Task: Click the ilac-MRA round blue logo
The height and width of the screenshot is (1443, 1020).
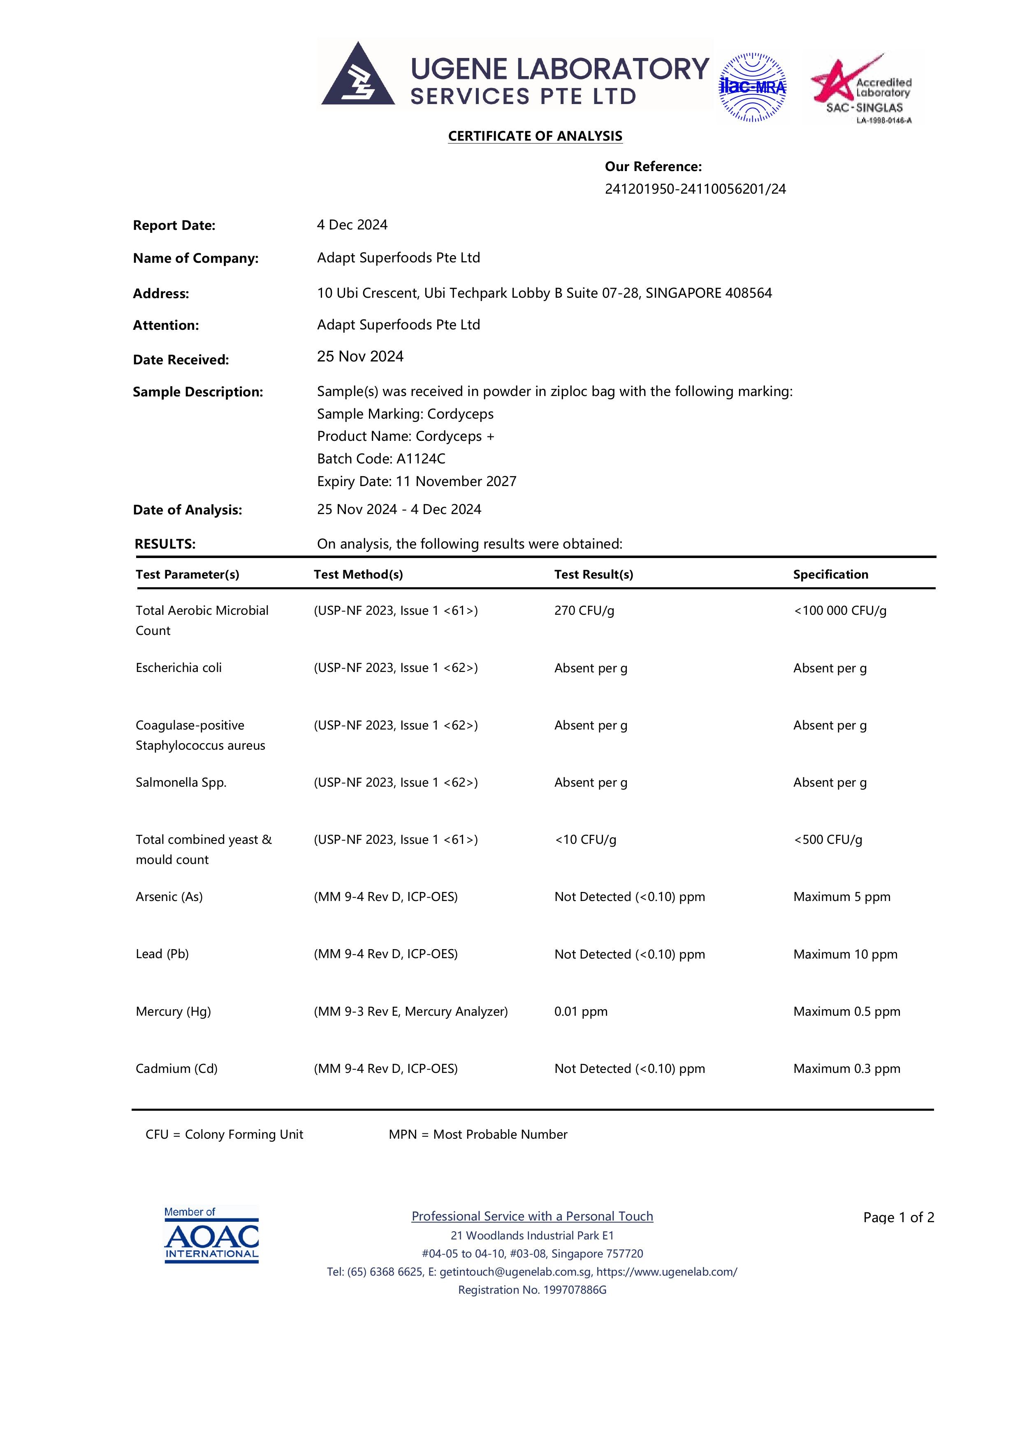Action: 752,87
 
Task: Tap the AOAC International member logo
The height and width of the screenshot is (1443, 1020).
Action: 211,1235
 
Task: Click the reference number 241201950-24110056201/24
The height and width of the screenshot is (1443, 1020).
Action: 695,189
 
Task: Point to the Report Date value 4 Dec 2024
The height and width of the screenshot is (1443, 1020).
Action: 352,225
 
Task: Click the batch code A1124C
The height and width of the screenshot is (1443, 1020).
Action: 420,459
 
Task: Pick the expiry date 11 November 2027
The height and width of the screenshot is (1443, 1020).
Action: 456,482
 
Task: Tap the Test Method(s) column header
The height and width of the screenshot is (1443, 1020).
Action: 358,574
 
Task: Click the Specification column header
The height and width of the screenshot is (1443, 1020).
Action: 830,574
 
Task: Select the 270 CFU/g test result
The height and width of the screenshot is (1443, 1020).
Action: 584,611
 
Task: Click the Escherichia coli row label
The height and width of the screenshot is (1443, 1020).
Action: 178,668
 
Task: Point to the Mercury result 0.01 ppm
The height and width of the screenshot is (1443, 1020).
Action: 581,1012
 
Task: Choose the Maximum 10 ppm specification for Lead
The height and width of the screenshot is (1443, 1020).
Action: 845,955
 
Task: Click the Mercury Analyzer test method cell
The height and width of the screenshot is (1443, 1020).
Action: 410,1012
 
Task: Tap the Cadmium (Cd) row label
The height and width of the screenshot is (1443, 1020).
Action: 176,1069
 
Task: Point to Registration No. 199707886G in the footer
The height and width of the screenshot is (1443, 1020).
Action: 532,1290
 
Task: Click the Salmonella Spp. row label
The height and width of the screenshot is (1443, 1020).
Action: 181,783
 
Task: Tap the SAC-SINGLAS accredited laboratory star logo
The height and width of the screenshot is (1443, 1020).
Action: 861,88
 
